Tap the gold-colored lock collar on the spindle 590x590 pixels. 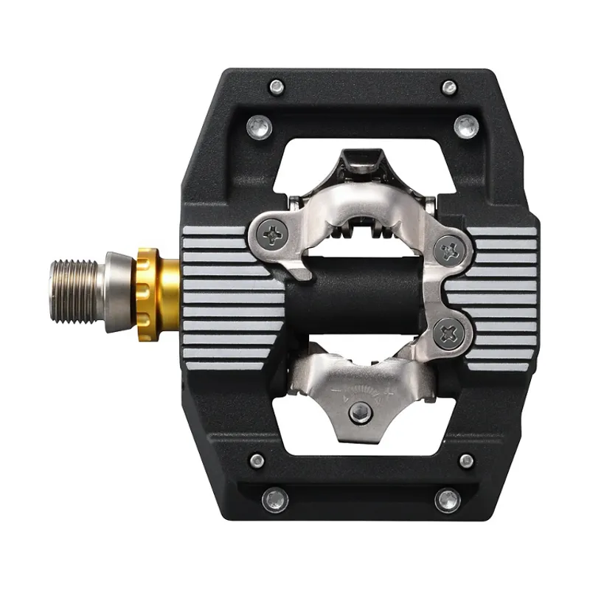(x=156, y=290)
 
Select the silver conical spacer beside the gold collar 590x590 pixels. (x=118, y=291)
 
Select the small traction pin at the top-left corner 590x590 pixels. (x=277, y=86)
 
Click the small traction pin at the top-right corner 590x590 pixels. (x=449, y=87)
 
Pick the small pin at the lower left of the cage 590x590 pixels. (x=257, y=460)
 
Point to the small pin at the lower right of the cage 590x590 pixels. (x=466, y=461)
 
